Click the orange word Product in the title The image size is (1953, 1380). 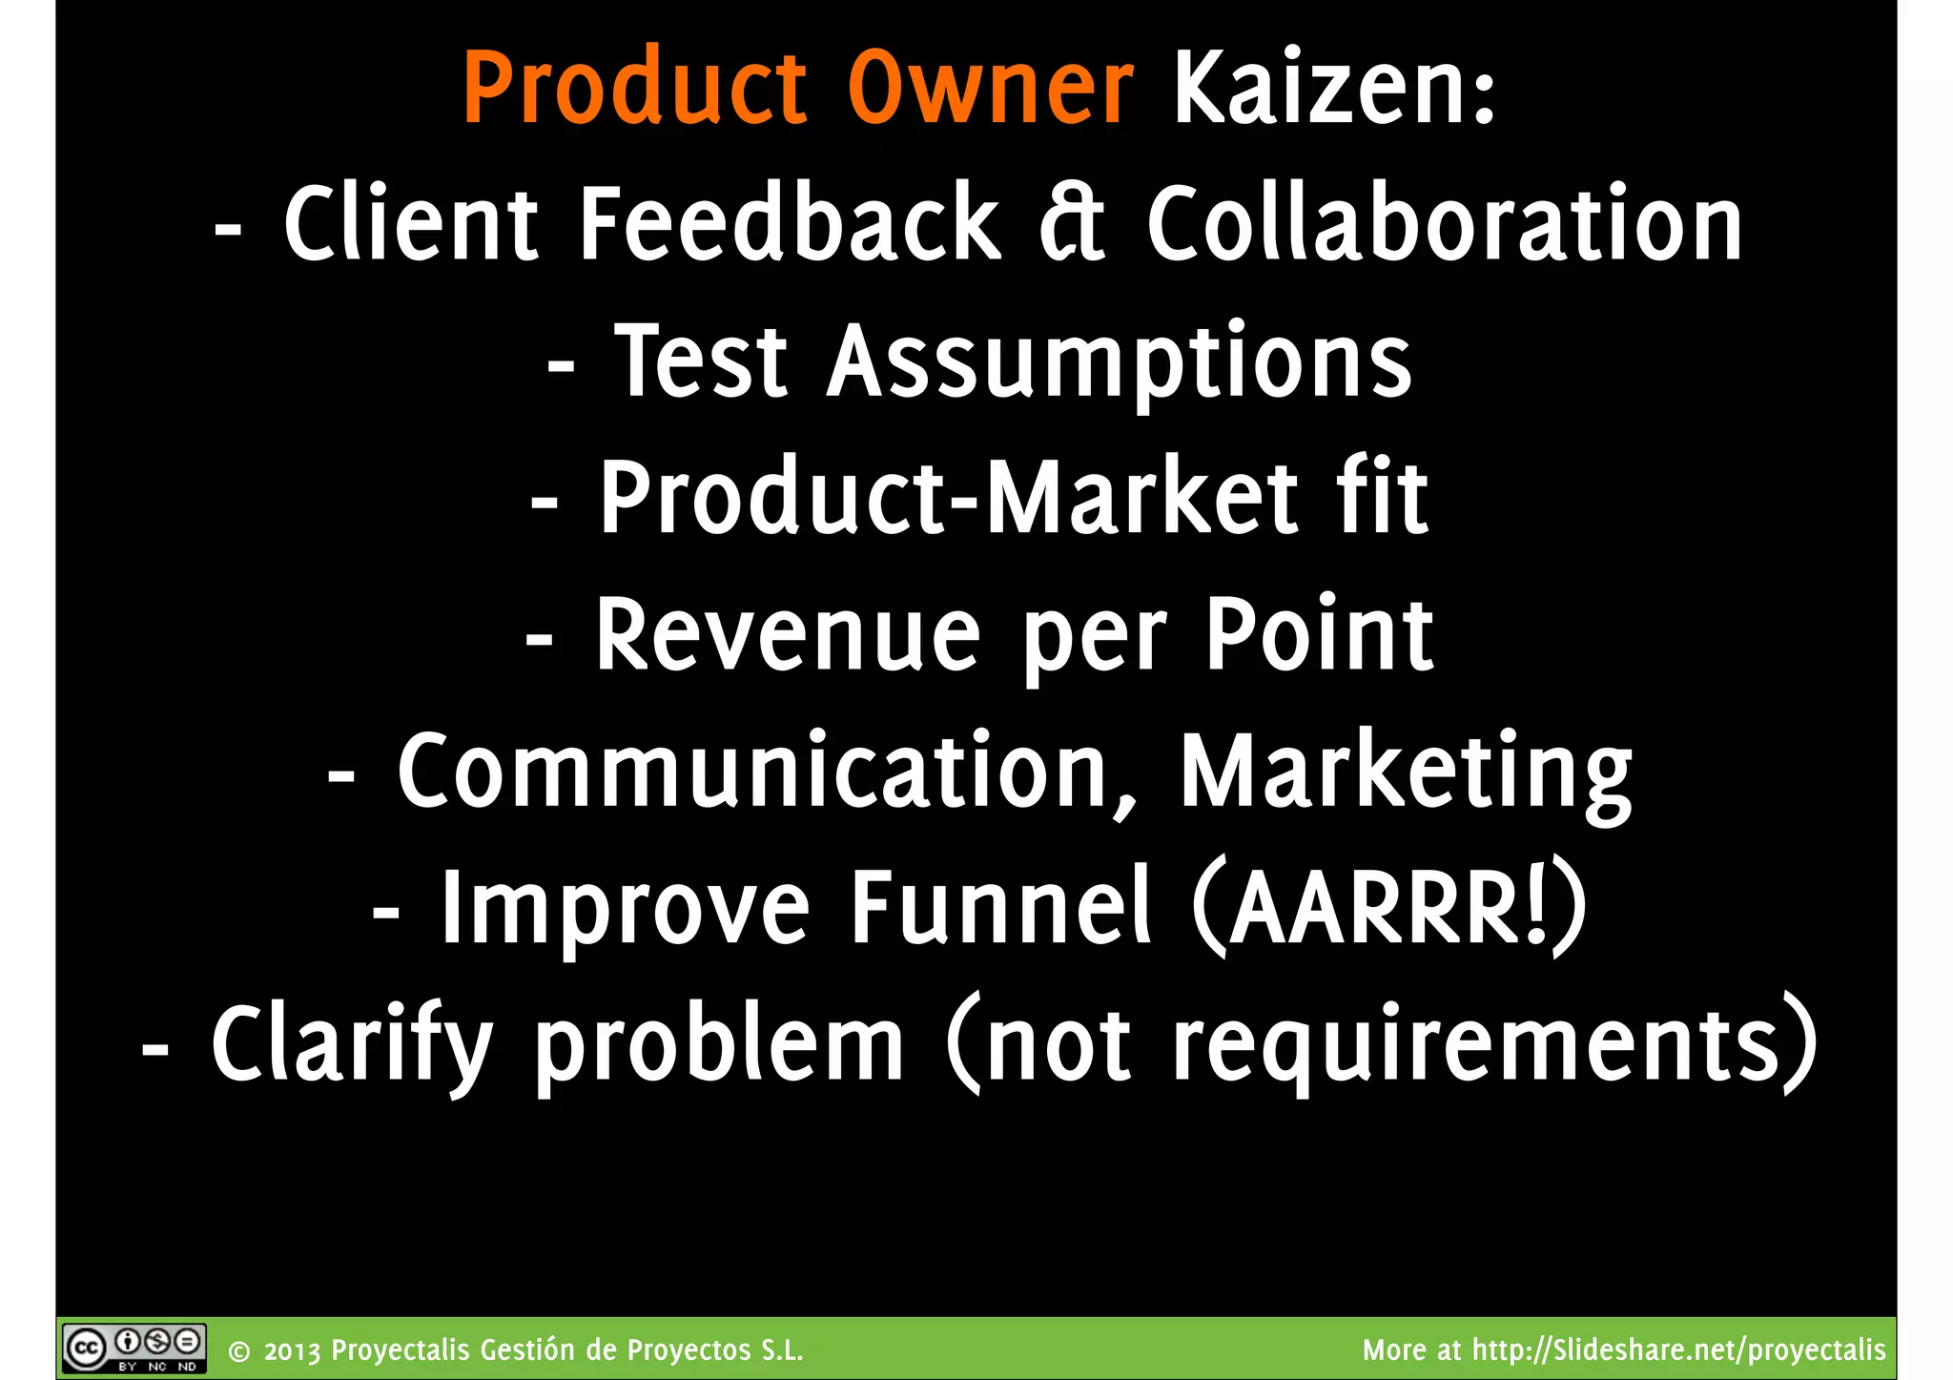635,88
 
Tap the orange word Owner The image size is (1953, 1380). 990,88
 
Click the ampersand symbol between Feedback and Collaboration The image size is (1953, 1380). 1072,224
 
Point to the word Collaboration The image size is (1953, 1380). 1444,224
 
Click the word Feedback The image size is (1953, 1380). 790,224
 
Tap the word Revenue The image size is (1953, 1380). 788,635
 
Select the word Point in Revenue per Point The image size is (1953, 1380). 1319,633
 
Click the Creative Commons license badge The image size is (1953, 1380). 134,1349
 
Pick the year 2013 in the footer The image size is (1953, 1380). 293,1351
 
